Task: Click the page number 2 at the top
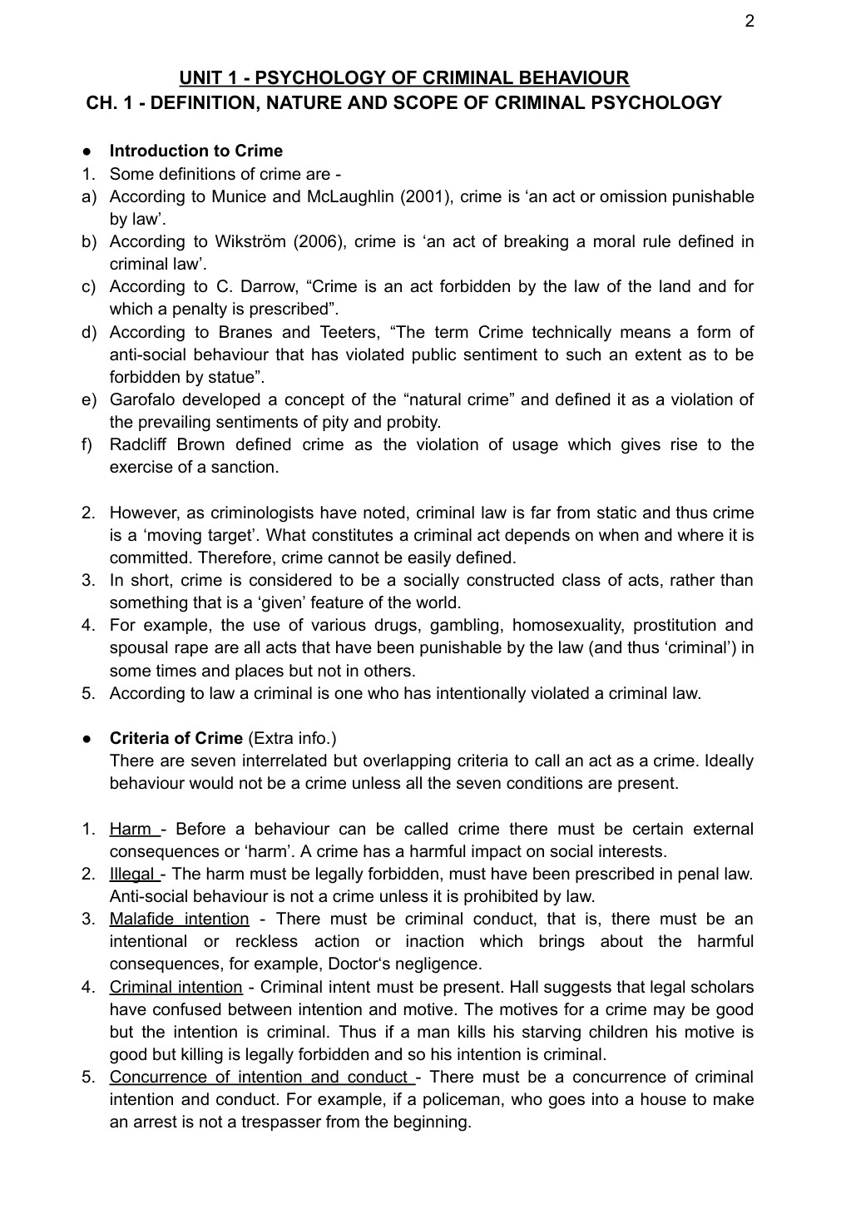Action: tap(749, 22)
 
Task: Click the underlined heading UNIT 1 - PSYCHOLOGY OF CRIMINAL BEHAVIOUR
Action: tap(404, 78)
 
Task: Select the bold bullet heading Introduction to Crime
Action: tap(195, 151)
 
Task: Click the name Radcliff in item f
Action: tap(141, 444)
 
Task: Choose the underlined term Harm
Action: tap(131, 829)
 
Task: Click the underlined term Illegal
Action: tap(132, 874)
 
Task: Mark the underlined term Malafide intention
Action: tap(179, 919)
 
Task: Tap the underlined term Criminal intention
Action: tap(176, 987)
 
